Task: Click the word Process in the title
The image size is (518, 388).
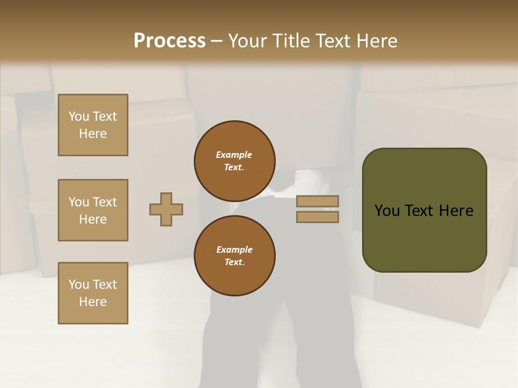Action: click(169, 41)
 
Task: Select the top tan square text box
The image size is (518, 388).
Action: click(93, 125)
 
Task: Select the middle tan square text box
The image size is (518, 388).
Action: click(93, 210)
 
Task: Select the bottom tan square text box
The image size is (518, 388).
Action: click(93, 293)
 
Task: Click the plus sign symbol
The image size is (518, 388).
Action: click(166, 209)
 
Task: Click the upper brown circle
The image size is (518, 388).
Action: click(235, 161)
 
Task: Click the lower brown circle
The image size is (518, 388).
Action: click(235, 255)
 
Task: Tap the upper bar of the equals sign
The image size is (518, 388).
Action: click(317, 202)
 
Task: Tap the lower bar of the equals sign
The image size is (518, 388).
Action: click(317, 217)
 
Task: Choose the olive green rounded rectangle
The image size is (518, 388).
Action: click(424, 237)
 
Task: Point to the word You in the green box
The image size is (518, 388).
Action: click(387, 211)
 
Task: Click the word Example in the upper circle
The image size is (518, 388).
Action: click(234, 155)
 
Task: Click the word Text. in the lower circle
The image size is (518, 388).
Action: click(234, 262)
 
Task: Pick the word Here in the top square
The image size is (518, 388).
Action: click(93, 134)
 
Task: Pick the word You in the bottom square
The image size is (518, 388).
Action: click(79, 285)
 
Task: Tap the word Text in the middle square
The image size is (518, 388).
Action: click(105, 202)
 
